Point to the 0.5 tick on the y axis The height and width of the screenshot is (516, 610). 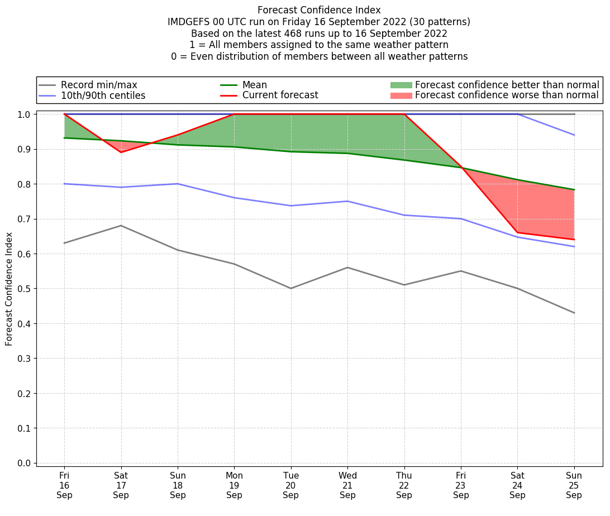[x=23, y=289]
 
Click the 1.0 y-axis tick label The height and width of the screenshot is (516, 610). [x=23, y=114]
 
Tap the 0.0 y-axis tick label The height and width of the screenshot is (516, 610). [x=23, y=464]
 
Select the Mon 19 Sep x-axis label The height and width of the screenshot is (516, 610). [x=235, y=485]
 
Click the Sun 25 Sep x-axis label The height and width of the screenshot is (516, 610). [x=574, y=485]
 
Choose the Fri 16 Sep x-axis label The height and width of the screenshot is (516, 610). [x=64, y=485]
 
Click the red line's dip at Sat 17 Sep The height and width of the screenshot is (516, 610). [x=121, y=152]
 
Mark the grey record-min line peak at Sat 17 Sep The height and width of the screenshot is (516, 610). [x=121, y=226]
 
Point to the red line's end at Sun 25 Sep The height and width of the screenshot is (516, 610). [x=574, y=240]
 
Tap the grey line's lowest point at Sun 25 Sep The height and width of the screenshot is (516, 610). [x=574, y=313]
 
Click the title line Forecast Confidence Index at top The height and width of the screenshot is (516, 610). [x=319, y=10]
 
